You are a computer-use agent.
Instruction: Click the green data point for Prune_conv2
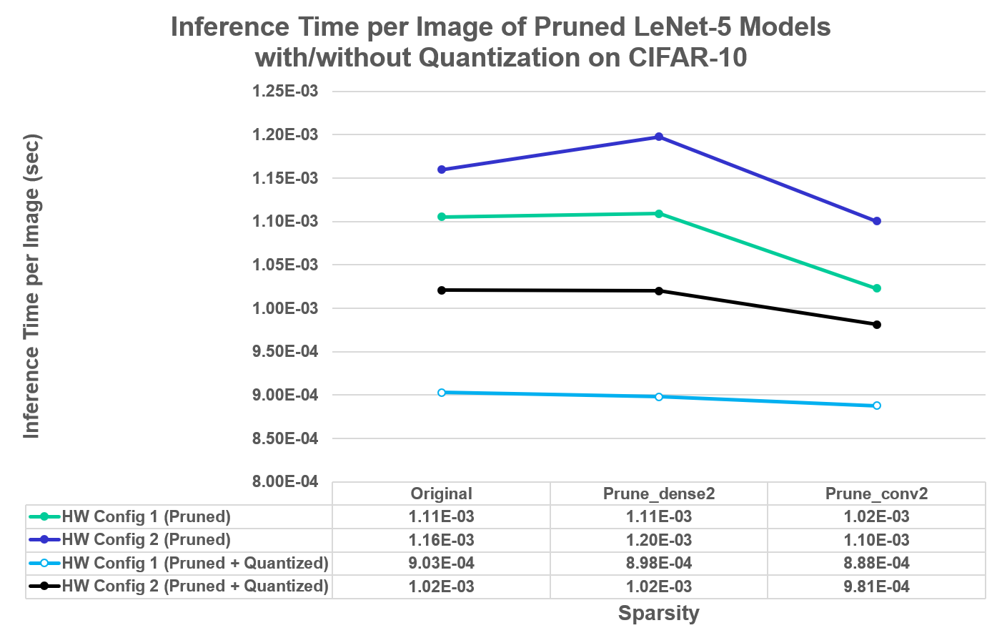tap(877, 288)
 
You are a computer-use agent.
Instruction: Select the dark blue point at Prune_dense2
tap(659, 137)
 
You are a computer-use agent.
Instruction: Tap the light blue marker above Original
tap(442, 393)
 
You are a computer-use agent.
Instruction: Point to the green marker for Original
tap(442, 217)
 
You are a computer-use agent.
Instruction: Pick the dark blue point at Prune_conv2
tap(877, 221)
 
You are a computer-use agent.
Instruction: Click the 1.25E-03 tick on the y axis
tap(285, 92)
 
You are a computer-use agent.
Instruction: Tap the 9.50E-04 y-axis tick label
tap(285, 352)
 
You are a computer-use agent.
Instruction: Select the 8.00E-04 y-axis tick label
tap(285, 482)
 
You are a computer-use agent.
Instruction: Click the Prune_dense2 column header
tap(659, 494)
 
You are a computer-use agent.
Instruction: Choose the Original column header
tap(442, 494)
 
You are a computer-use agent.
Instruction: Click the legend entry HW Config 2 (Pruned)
tap(146, 540)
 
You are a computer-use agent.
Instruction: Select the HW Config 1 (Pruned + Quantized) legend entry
tap(194, 563)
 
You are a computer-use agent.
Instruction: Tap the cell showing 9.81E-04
tap(876, 586)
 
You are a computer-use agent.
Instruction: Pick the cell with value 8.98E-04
tap(659, 563)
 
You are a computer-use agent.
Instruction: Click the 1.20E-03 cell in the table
tap(659, 540)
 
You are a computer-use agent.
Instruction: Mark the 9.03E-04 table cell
tap(442, 563)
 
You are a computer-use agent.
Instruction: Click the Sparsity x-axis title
tap(658, 613)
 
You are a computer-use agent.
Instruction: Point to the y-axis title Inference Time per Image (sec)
tap(31, 286)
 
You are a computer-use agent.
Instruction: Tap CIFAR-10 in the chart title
tap(688, 57)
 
